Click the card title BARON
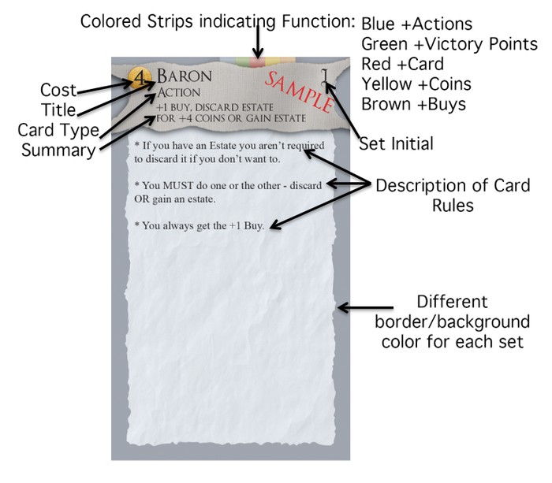(185, 76)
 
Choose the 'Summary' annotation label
(58, 149)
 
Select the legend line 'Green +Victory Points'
(449, 44)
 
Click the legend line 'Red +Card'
(402, 64)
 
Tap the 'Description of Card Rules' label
(452, 195)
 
